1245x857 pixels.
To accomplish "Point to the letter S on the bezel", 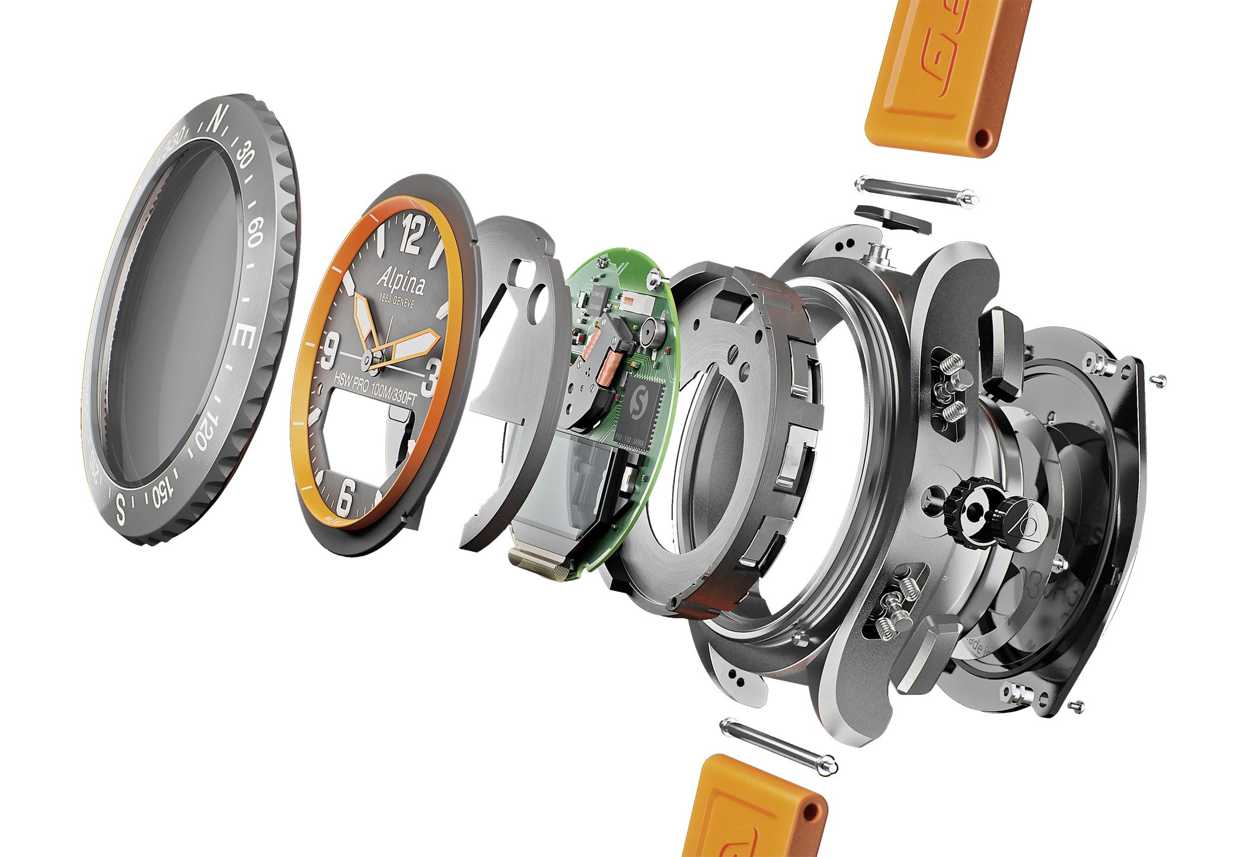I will [121, 508].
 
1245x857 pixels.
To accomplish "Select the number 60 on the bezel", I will [254, 232].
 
